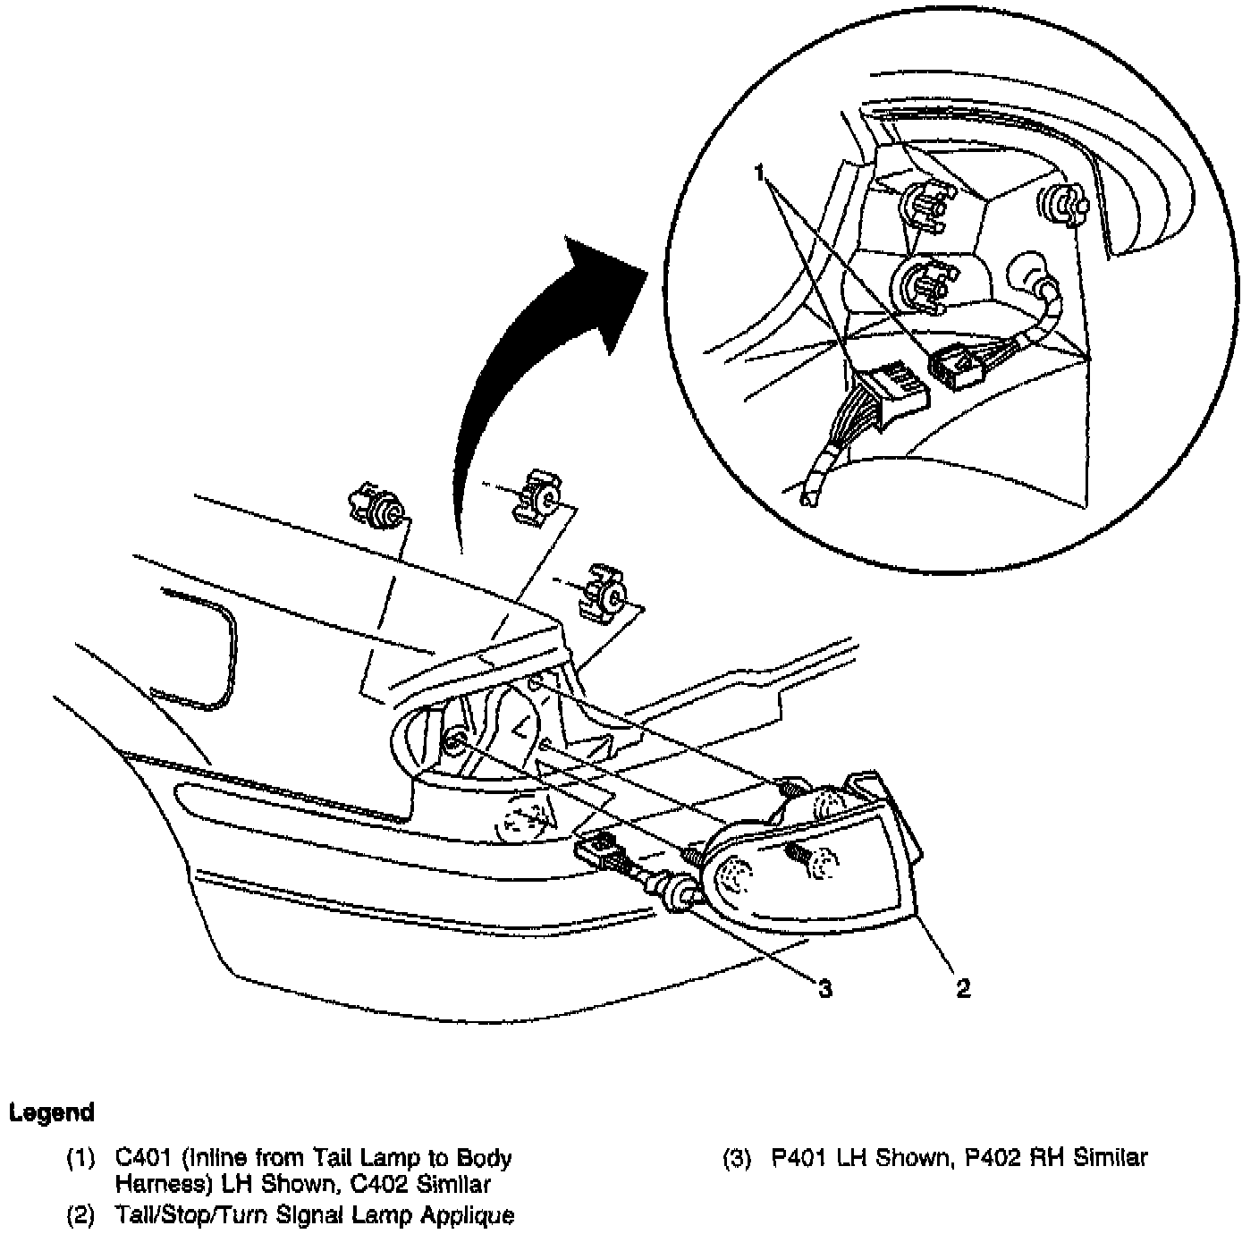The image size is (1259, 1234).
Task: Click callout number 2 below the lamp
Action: point(963,988)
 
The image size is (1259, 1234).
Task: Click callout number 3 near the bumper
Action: point(824,988)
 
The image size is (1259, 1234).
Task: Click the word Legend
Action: point(51,1113)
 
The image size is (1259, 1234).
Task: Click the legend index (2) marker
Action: point(81,1216)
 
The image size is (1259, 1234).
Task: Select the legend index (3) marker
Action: point(739,1158)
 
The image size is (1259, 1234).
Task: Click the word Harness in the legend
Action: point(156,1186)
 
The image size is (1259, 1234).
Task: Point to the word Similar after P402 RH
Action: point(1110,1158)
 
